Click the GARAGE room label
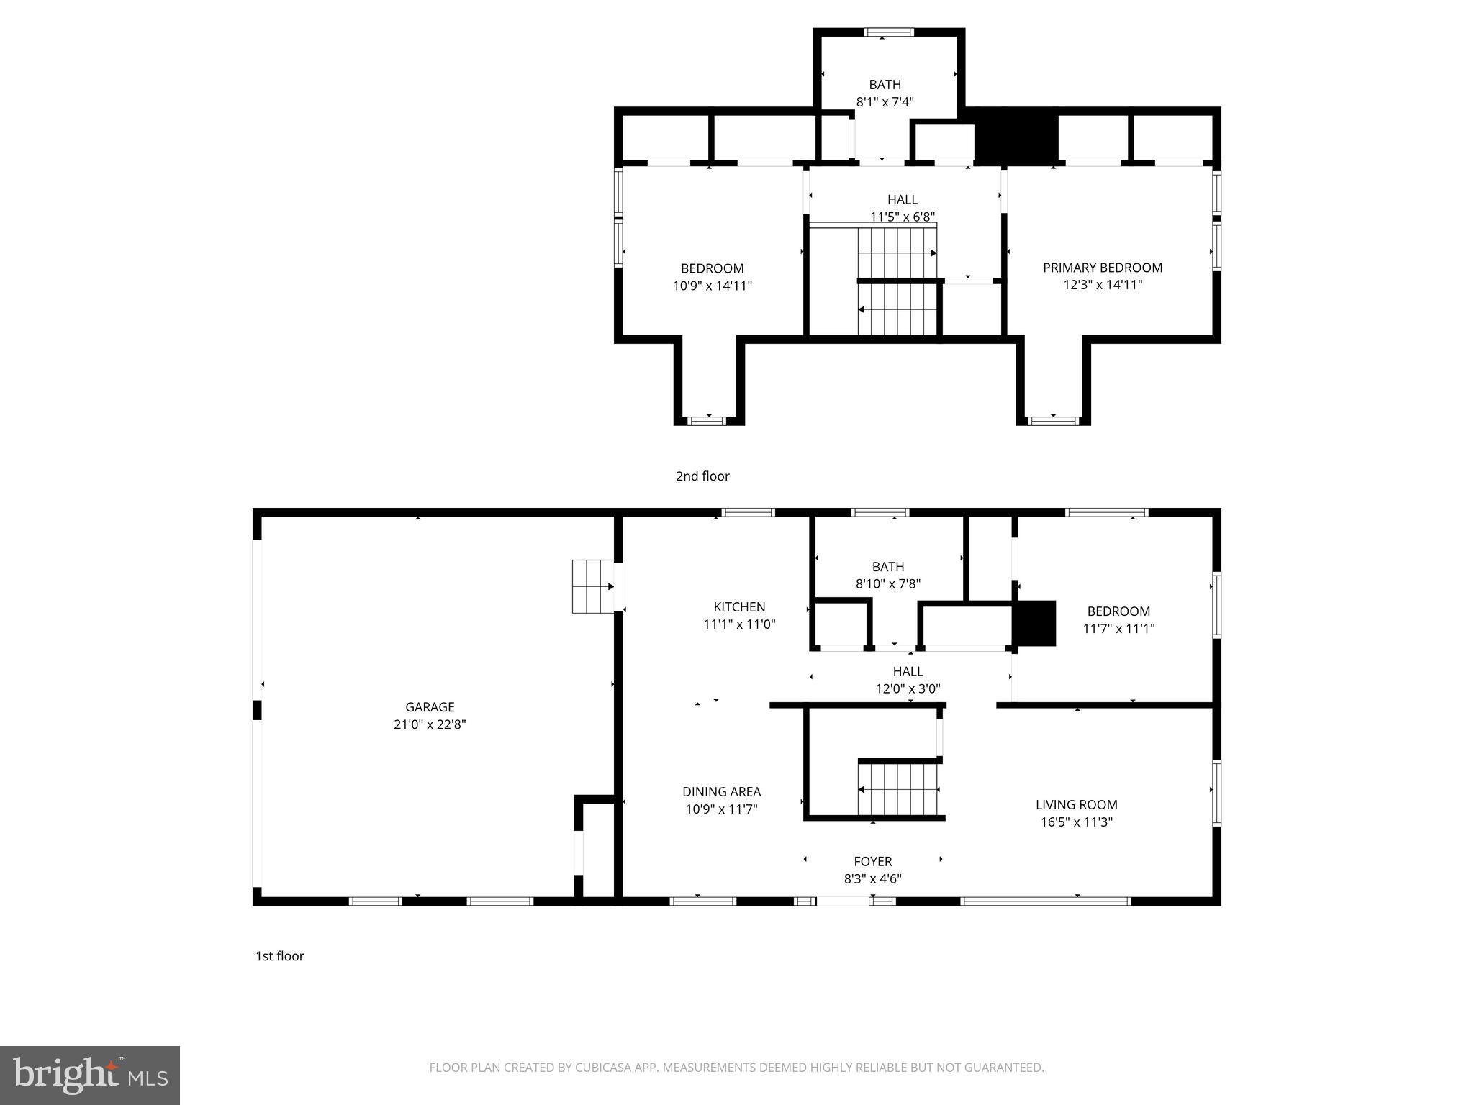click(x=430, y=707)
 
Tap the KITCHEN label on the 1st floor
click(x=739, y=606)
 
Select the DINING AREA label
click(x=721, y=791)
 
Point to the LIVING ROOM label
click(x=1076, y=804)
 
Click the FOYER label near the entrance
click(x=872, y=861)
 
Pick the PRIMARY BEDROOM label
click(x=1102, y=268)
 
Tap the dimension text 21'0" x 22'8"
click(x=430, y=724)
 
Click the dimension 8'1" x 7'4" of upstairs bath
click(x=885, y=102)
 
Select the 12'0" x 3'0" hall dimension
click(x=908, y=688)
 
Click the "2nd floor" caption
click(x=702, y=476)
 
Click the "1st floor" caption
click(x=279, y=955)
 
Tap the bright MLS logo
click(x=90, y=1075)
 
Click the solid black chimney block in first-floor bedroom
click(x=1034, y=623)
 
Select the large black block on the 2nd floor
click(x=1016, y=137)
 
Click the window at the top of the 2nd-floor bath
click(x=888, y=32)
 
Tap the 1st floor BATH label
click(x=887, y=567)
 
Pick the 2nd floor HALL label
click(x=902, y=199)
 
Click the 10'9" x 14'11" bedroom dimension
click(x=712, y=286)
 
